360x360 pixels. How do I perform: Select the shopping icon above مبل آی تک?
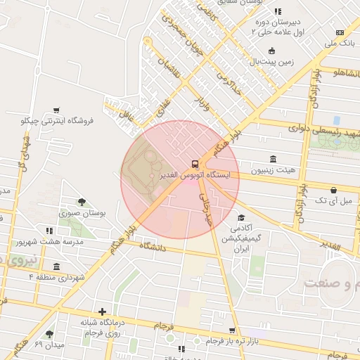pos(333,189)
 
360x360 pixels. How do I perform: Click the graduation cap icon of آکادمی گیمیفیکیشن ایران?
pos(240,217)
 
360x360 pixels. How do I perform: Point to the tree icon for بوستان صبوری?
pos(82,202)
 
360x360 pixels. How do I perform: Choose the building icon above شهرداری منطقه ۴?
pos(56,266)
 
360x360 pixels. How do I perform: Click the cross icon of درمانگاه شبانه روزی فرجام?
pos(103,311)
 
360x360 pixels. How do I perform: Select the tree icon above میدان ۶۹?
pos(49,333)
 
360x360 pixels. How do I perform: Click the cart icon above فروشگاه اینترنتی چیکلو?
pos(56,110)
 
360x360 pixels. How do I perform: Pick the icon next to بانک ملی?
pos(340,32)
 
